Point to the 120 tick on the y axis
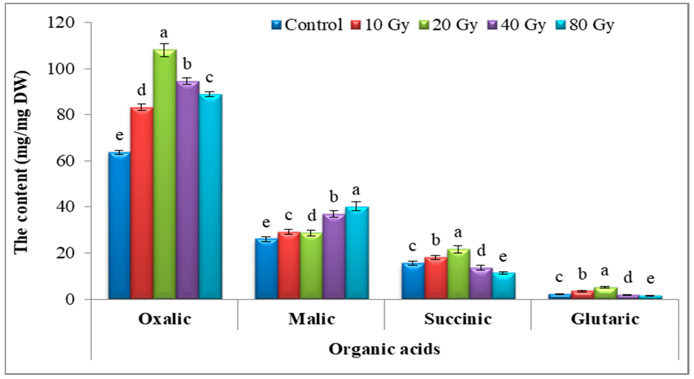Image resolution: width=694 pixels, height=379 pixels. [61, 23]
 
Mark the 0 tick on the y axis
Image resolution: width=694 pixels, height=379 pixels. [70, 299]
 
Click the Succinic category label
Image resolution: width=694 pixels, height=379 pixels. [458, 319]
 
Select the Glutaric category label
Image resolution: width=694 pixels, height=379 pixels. [605, 319]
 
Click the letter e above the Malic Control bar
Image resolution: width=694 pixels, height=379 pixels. [266, 222]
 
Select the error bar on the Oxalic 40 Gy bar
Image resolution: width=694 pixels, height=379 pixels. [188, 81]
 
